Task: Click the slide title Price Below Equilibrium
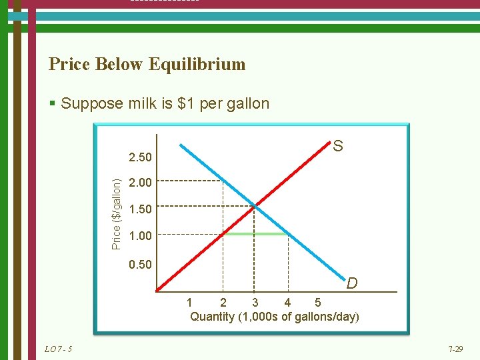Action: pos(147,64)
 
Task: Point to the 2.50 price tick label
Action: pos(140,158)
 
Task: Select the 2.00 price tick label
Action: pos(140,182)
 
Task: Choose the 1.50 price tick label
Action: pos(140,209)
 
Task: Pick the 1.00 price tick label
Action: pos(140,236)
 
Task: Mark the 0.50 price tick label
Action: pos(140,265)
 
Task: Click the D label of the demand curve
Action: pos(351,283)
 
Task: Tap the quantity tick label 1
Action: pos(190,304)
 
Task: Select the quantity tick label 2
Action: pos(223,304)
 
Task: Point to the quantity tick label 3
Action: pos(255,304)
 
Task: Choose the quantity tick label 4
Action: pos(287,304)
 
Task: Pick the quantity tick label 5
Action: pos(317,304)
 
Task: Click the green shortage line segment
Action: pos(255,234)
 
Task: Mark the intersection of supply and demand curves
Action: pos(255,205)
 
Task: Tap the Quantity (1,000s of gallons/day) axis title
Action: pos(274,317)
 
